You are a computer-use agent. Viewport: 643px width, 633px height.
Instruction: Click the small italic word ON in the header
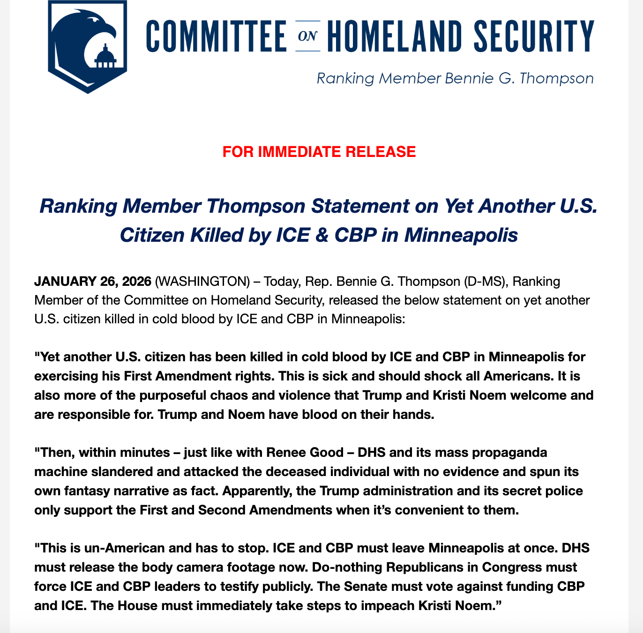click(x=307, y=36)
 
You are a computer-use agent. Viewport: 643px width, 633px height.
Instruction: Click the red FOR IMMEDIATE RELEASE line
click(x=319, y=152)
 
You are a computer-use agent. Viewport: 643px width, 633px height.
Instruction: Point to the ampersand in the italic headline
click(x=321, y=235)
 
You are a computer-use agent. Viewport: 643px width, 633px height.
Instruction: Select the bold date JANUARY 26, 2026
click(x=93, y=282)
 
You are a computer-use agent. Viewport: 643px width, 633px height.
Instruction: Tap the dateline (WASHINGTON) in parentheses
click(x=202, y=282)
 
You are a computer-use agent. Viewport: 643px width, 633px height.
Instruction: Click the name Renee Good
click(x=305, y=453)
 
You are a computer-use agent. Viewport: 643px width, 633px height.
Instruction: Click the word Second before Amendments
click(x=222, y=510)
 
